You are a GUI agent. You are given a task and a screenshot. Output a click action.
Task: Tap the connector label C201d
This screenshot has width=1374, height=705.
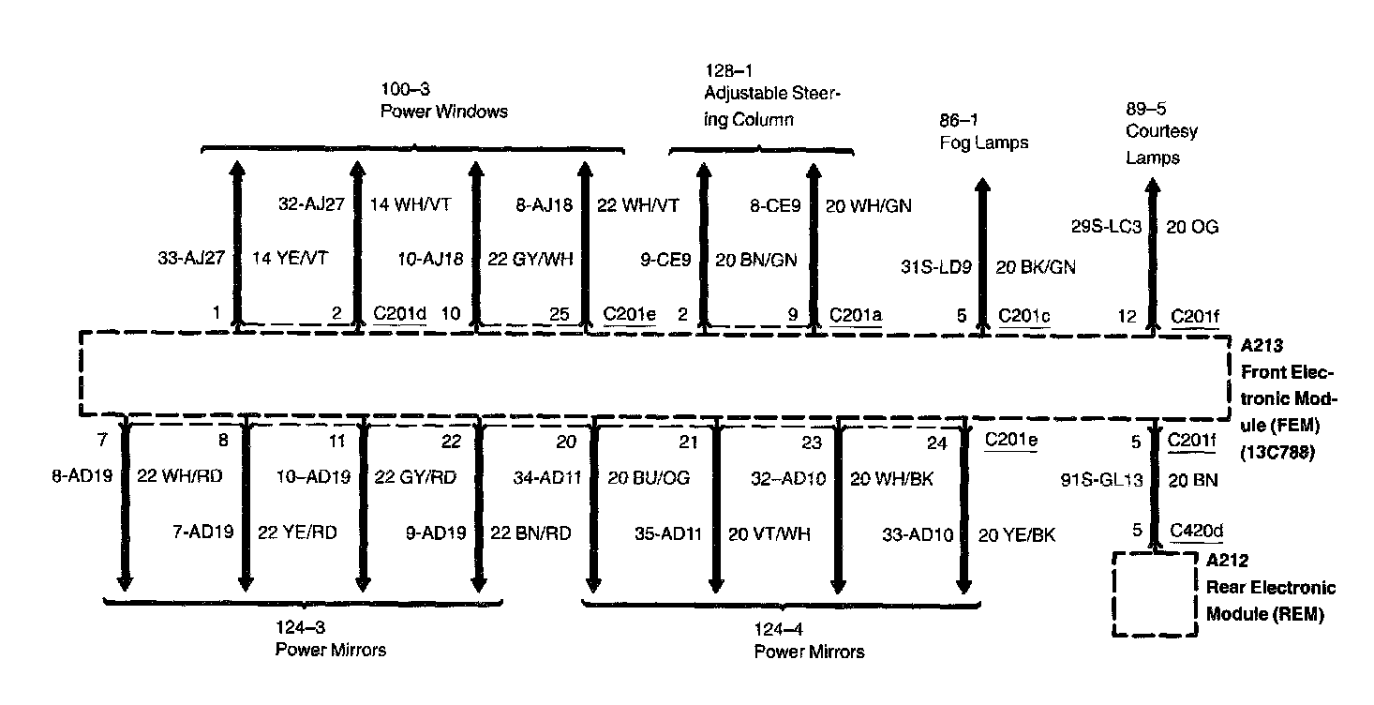(399, 314)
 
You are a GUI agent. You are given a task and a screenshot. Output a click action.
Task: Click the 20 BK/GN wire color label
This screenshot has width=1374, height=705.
(1035, 267)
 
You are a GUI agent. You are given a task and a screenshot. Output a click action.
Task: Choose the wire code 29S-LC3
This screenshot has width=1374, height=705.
(1106, 226)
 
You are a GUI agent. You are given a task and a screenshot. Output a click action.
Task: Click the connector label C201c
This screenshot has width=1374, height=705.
(1024, 316)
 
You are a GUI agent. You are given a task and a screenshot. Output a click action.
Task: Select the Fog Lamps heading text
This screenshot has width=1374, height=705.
(983, 142)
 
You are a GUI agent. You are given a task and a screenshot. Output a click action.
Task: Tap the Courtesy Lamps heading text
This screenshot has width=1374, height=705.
(1161, 144)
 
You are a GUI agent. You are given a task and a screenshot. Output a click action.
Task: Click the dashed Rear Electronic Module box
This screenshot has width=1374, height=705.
(1154, 593)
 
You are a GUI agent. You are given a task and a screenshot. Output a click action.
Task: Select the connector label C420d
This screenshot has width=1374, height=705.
(1197, 532)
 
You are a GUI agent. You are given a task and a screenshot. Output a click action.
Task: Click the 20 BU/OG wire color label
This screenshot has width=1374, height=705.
(649, 478)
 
